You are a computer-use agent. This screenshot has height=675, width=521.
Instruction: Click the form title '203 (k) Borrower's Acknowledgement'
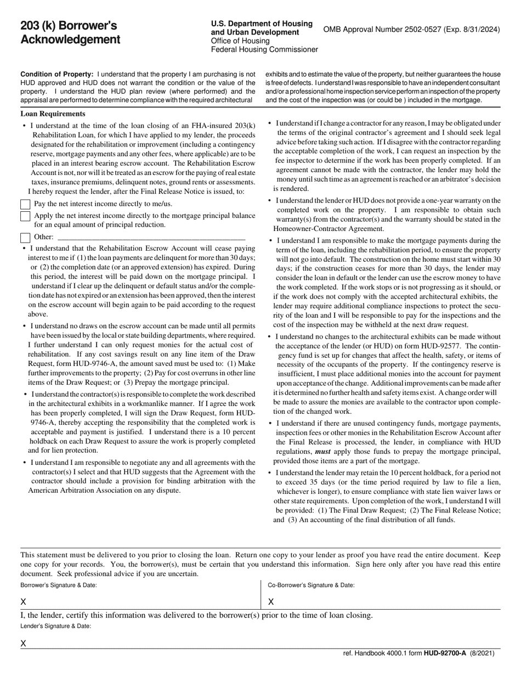tap(70, 32)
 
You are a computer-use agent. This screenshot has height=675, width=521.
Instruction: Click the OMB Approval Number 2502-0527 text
tap(411, 30)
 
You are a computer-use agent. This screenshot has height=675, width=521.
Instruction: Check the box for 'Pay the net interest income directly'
tap(25, 204)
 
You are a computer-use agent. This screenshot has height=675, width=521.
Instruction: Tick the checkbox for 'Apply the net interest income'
tap(25, 216)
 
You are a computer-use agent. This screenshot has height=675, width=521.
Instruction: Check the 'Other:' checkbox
tap(25, 238)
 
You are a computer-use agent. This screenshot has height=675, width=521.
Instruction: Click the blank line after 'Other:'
tap(151, 238)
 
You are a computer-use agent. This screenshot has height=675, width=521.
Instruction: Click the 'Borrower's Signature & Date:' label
tap(59, 585)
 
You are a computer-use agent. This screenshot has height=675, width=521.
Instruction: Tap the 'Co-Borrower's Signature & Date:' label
tap(311, 585)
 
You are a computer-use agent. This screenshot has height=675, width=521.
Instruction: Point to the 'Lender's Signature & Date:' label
tap(56, 626)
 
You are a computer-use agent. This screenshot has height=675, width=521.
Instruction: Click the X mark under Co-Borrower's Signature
tap(270, 602)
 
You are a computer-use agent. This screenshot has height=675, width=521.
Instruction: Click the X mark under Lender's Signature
tap(24, 643)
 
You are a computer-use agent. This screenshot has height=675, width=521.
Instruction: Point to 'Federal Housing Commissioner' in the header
tap(264, 50)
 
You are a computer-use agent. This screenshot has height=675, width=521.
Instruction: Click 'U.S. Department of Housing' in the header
tap(262, 24)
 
